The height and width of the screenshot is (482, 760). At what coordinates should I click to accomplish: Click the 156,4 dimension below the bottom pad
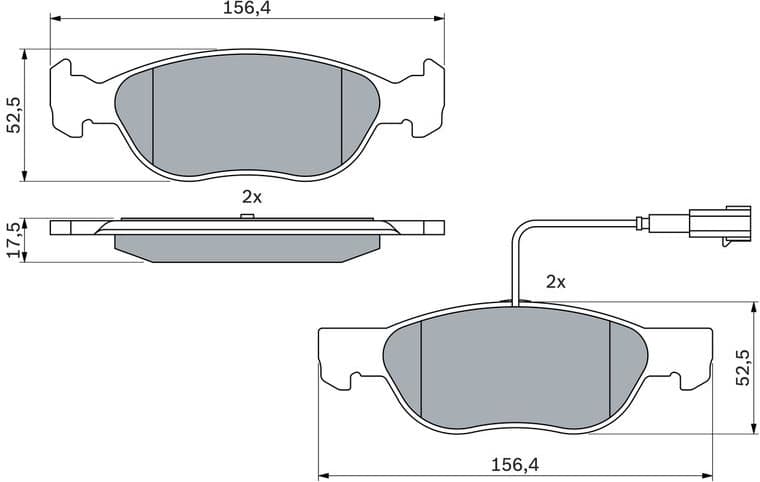point(516,464)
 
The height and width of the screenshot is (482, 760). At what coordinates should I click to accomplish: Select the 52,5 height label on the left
point(13,115)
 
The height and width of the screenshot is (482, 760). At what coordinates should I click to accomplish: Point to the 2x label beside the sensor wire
point(556,283)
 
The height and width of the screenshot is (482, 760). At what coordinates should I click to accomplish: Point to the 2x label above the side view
point(251,197)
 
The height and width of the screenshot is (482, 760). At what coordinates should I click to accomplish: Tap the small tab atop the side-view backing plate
point(245,215)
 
